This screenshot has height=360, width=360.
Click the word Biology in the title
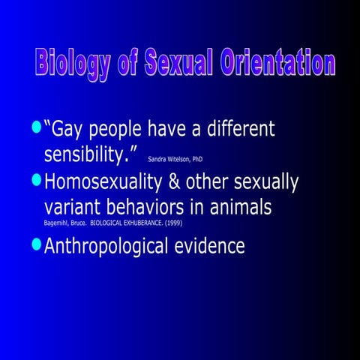tap(72, 64)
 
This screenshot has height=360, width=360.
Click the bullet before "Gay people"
tap(36, 127)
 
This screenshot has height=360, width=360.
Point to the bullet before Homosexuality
tap(36, 180)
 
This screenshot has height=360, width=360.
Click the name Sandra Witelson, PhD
tap(175, 159)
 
